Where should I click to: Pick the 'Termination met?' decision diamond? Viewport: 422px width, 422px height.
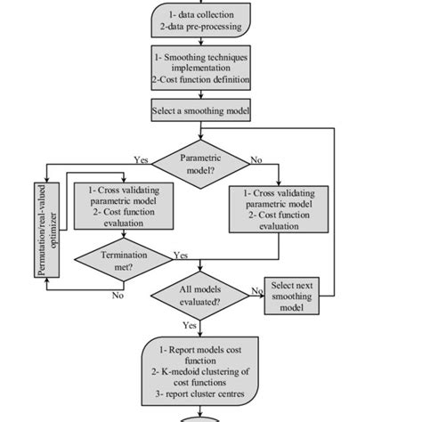pos(122,261)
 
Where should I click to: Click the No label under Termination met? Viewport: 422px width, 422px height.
pos(116,296)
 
